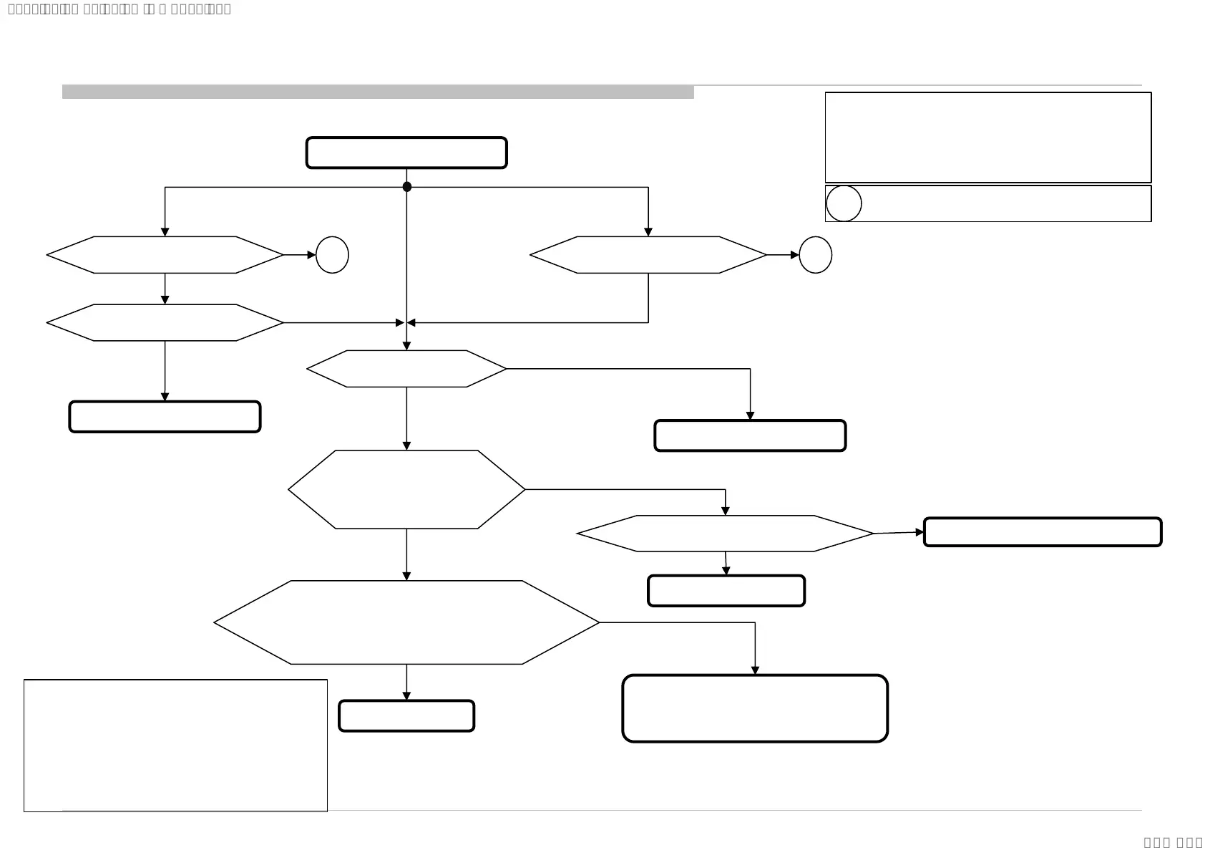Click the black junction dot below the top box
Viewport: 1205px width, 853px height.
407,187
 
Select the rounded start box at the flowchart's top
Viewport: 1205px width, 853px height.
406,153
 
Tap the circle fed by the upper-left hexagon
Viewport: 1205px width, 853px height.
332,255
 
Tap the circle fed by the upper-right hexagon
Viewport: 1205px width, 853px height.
815,255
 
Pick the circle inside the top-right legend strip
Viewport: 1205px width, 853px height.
844,203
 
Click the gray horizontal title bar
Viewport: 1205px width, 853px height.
378,92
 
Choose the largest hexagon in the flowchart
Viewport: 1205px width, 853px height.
406,622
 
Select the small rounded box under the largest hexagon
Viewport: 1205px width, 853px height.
406,715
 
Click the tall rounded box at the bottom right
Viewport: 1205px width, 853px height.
755,708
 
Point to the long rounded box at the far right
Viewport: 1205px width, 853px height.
1042,532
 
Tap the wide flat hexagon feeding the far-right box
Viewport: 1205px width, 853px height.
725,534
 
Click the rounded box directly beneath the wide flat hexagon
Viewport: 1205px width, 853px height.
726,591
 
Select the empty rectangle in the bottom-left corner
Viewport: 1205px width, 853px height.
175,746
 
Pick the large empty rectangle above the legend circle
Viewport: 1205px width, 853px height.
987,138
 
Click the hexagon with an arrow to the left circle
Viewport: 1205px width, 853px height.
165,255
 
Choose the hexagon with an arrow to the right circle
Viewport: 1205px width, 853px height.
648,255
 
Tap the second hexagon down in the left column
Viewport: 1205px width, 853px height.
165,323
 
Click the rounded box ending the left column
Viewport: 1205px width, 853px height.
165,417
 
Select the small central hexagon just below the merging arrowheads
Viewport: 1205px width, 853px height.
406,369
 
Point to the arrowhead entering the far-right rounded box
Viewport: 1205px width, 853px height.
919,532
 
